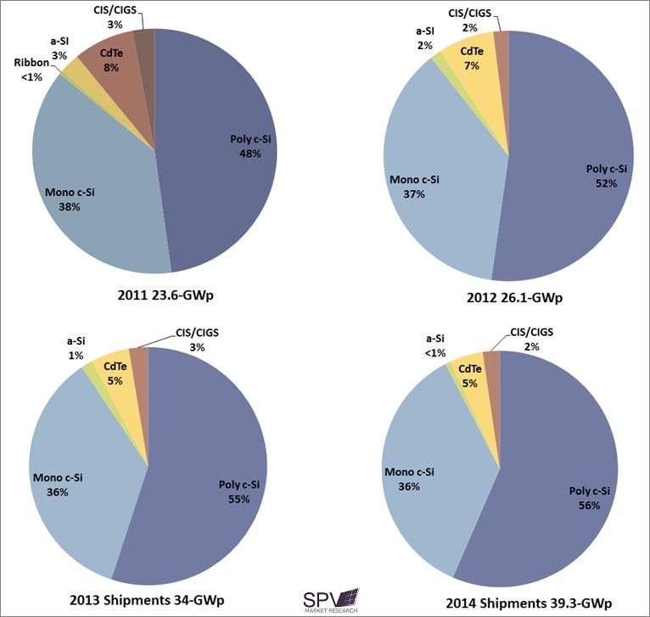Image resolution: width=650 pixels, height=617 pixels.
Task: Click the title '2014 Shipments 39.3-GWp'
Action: click(530, 603)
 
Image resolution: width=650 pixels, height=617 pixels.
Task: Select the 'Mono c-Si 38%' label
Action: click(69, 199)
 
